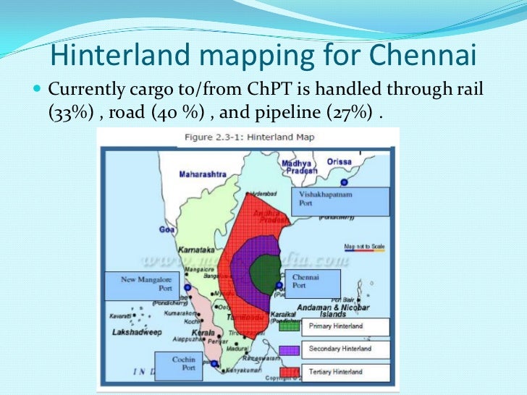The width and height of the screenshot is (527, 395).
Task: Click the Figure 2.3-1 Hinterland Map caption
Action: pyautogui.click(x=249, y=137)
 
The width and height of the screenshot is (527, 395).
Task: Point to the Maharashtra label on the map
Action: pyautogui.click(x=203, y=174)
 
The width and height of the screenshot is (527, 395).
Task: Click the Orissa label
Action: pyautogui.click(x=339, y=162)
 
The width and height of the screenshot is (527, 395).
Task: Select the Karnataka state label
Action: pyautogui.click(x=196, y=247)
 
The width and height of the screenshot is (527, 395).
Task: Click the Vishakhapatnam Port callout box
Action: pyautogui.click(x=340, y=200)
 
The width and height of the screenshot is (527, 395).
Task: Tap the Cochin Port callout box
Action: pyautogui.click(x=183, y=365)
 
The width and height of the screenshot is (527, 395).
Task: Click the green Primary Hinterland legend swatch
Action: pyautogui.click(x=290, y=326)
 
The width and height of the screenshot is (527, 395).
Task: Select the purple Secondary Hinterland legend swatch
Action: pyautogui.click(x=290, y=349)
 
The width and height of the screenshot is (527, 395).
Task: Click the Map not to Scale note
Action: pyautogui.click(x=364, y=247)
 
